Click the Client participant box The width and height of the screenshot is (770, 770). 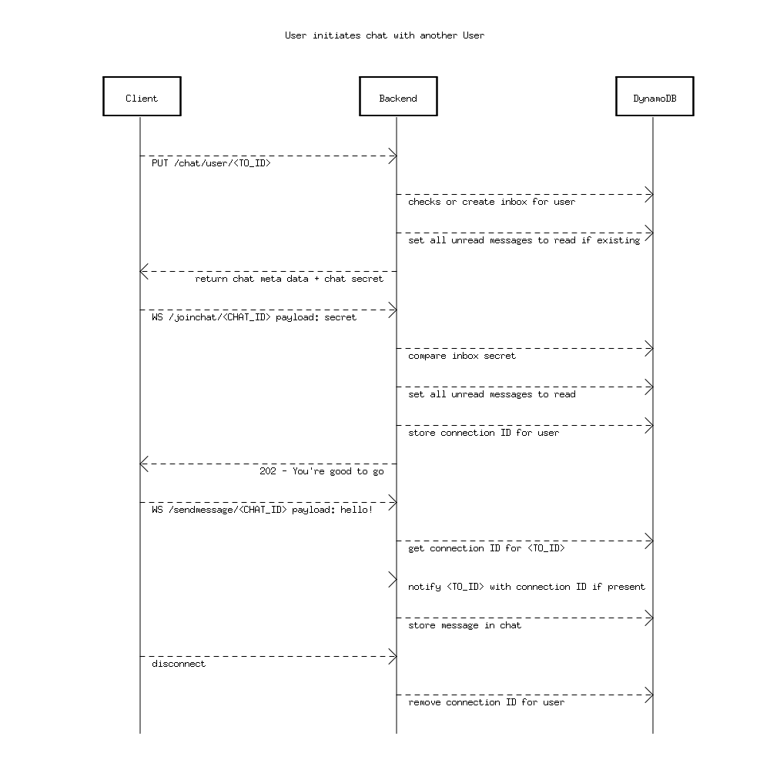pos(142,96)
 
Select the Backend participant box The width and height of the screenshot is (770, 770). pos(398,96)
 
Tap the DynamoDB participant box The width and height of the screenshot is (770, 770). pos(654,96)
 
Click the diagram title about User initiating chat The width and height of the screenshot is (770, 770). pos(384,35)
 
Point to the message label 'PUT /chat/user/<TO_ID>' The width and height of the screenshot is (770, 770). pos(211,163)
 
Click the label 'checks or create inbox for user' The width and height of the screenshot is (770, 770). pos(491,202)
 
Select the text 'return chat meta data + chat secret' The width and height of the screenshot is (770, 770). pos(289,279)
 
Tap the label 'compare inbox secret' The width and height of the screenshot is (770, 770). pos(462,356)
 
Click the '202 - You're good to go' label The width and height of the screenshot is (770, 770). pos(321,471)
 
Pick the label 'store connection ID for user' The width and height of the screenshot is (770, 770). pos(484,433)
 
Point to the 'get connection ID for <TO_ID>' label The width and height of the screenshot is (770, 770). pos(487,548)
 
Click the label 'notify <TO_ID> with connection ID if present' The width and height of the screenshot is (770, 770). pos(527,587)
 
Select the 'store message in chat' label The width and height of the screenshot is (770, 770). pos(464,625)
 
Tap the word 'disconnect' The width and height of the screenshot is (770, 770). pos(179,664)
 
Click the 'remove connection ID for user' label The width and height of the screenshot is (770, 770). pos(486,702)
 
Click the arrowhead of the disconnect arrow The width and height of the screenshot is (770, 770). pos(393,657)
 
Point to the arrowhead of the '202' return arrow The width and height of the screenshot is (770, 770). pos(144,464)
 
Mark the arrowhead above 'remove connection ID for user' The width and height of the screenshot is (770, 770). pos(649,695)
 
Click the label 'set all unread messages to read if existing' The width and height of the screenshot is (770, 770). pos(524,240)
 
